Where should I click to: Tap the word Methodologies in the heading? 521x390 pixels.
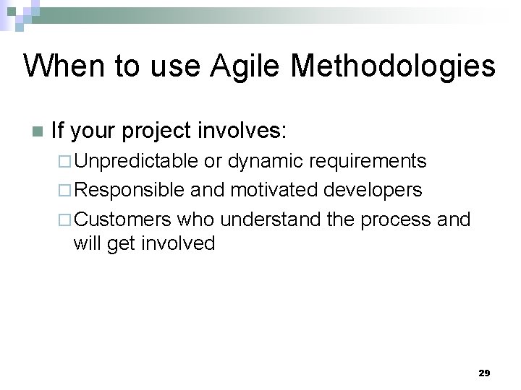[393, 67]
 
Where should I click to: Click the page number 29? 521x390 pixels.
[484, 373]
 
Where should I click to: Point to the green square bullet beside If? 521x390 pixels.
[37, 132]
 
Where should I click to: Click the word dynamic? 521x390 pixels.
[265, 161]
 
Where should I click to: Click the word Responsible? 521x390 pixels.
[130, 190]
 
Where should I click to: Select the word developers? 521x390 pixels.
[373, 190]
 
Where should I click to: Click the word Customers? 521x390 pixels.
[123, 219]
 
